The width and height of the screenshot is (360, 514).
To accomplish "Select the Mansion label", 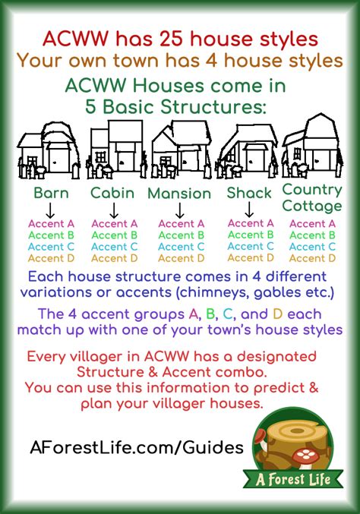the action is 179,194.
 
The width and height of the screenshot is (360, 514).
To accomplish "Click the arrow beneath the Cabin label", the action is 114,210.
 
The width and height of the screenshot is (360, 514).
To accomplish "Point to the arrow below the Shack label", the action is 249,210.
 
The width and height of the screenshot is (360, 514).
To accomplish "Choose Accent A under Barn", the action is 51,223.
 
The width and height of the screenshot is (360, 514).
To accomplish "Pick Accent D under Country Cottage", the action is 312,258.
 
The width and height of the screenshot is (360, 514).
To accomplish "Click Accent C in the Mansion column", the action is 181,247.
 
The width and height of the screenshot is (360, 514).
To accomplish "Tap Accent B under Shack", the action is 251,235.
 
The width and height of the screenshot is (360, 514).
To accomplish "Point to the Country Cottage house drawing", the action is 312,146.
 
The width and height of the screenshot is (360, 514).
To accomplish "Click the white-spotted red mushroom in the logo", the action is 305,457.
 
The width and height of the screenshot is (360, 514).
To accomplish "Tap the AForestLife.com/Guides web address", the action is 137,446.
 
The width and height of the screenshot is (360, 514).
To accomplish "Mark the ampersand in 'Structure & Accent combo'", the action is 153,372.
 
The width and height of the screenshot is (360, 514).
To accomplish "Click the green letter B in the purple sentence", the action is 210,314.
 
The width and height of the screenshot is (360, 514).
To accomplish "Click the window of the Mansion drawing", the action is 165,161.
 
